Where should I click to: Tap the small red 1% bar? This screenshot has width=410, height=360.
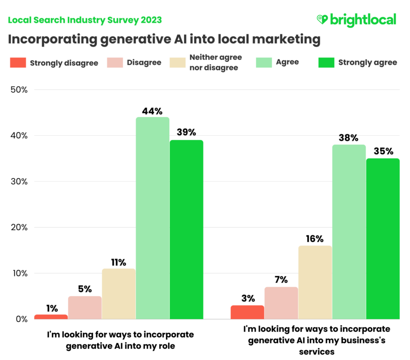pos(51,317)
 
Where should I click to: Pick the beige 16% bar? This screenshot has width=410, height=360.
pos(315,282)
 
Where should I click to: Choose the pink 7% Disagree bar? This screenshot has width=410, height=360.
pos(281,303)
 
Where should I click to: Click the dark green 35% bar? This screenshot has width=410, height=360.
pos(383,239)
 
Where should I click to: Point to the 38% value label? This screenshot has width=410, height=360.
pos(348,138)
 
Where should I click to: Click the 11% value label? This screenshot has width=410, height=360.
pos(119,262)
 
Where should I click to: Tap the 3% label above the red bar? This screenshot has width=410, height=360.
pos(247,299)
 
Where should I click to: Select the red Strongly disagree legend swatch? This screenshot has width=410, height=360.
pos(18,62)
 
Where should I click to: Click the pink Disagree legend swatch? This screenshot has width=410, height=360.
pos(115,62)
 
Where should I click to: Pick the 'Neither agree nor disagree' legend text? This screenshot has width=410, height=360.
pos(215,62)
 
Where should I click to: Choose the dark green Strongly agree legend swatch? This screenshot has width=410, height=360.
pos(326,62)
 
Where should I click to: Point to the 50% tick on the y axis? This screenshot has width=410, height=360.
pos(19,90)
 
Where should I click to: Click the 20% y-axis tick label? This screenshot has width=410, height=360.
pos(19,228)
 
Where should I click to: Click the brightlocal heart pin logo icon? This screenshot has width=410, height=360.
pos(322,20)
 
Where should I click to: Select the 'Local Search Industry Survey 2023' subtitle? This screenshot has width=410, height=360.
pos(85,20)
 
